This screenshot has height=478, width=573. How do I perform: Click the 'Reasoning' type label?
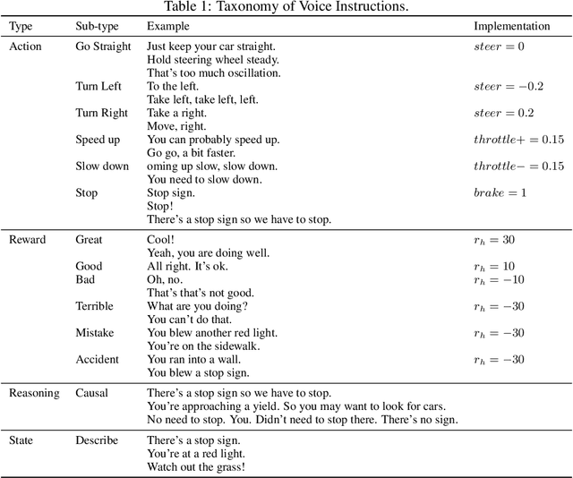point(34,393)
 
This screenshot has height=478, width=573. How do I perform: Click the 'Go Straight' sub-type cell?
point(103,46)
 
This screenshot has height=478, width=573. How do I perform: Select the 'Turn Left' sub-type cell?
point(98,86)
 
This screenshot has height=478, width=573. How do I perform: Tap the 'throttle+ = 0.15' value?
point(518,140)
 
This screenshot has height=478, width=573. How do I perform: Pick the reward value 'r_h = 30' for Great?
point(494,240)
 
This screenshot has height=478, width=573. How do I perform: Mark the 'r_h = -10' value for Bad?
point(499,279)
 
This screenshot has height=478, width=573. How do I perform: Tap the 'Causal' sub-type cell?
point(93,393)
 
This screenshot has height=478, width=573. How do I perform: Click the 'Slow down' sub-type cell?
point(102,166)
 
